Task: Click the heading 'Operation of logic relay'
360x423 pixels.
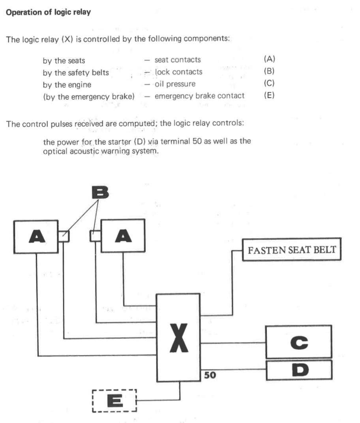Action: point(48,12)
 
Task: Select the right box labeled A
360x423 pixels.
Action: point(123,236)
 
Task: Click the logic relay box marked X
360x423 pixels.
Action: point(178,338)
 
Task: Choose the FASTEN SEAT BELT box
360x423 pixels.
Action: point(292,250)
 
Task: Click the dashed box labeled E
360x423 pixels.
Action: point(114,400)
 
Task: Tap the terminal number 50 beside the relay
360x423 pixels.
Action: point(210,375)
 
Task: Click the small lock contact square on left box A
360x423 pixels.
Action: point(64,236)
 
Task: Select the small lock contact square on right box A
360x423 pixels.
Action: point(96,236)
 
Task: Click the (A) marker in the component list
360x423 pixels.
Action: point(269,60)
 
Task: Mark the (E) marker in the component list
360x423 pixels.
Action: point(269,96)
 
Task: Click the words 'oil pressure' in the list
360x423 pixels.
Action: point(175,84)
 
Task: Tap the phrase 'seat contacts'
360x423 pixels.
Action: point(178,60)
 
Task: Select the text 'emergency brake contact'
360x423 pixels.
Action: point(199,96)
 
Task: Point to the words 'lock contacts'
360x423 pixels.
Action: point(178,72)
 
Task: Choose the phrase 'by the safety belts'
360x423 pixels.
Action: point(76,73)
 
